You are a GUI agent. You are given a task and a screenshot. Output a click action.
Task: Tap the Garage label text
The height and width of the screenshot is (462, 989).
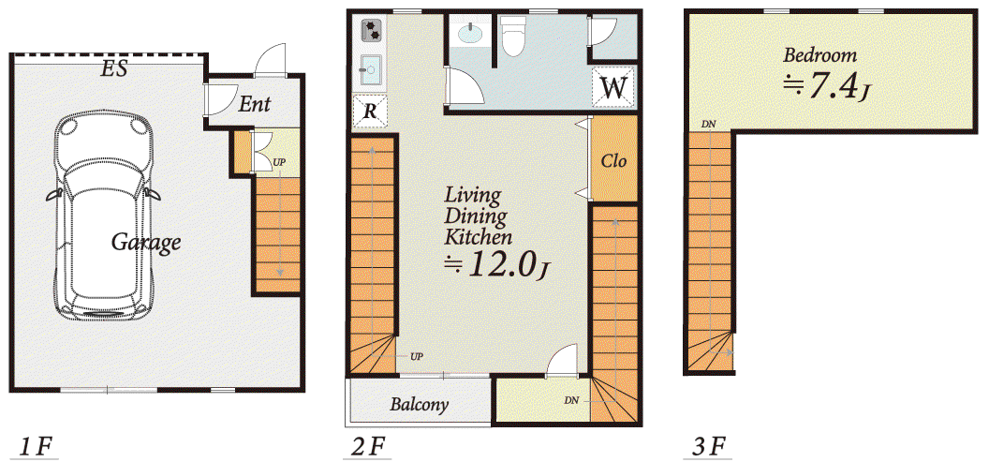click(x=146, y=243)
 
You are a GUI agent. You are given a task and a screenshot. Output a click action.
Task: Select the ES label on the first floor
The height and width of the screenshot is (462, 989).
click(x=115, y=68)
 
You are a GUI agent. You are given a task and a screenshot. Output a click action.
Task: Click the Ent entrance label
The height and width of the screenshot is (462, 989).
click(x=254, y=104)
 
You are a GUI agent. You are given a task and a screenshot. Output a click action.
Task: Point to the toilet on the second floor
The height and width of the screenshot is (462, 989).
click(x=513, y=36)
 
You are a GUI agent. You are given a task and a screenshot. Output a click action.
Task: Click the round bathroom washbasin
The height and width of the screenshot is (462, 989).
click(x=470, y=33)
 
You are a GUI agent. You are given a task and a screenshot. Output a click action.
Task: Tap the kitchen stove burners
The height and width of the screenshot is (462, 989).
click(x=372, y=30)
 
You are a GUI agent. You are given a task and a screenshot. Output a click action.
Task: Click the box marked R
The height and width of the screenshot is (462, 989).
click(x=370, y=112)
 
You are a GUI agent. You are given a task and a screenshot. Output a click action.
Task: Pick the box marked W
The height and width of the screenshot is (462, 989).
click(x=613, y=87)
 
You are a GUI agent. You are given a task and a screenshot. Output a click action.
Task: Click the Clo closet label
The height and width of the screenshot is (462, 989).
click(x=613, y=161)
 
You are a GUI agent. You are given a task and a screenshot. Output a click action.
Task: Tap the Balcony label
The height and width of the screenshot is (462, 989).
click(x=419, y=404)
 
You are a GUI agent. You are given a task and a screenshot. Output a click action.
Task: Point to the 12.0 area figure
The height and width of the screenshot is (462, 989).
click(x=499, y=264)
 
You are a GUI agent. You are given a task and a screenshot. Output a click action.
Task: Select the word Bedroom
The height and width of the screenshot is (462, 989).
click(x=820, y=55)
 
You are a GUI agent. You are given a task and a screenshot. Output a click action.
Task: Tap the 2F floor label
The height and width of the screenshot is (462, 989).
click(x=367, y=448)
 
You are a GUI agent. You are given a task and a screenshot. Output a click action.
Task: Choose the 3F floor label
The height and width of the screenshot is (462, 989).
click(x=709, y=448)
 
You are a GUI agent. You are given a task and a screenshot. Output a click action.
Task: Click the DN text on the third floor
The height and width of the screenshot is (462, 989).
click(x=708, y=125)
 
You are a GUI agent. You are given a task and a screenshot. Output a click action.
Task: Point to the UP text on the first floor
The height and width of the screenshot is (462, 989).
click(x=278, y=162)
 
